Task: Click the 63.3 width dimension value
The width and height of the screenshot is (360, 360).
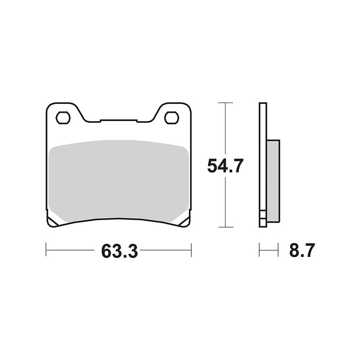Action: point(120,251)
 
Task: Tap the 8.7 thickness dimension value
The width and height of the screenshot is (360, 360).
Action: point(301,250)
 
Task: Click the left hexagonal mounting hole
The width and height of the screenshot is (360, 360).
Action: point(63,118)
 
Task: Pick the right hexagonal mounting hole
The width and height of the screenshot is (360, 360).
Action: point(171,118)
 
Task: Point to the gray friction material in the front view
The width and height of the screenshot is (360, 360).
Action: point(119,181)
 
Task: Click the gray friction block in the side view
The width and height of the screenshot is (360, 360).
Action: point(273,181)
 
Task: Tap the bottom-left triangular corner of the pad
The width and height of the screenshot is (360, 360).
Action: point(52,220)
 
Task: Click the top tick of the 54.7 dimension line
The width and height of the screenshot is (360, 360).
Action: point(226,103)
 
